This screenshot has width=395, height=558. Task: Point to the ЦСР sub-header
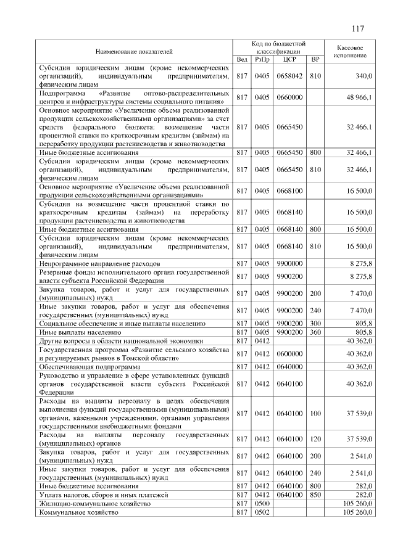click(x=288, y=59)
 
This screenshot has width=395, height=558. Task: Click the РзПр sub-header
click(x=262, y=59)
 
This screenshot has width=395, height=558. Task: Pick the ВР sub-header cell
click(x=315, y=59)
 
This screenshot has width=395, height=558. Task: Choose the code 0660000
click(x=288, y=97)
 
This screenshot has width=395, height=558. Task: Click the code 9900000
click(x=288, y=263)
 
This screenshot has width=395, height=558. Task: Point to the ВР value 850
click(x=315, y=494)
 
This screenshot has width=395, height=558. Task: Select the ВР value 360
click(x=315, y=332)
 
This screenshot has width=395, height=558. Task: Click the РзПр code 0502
click(x=262, y=512)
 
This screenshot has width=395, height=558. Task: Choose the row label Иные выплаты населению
click(x=80, y=332)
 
